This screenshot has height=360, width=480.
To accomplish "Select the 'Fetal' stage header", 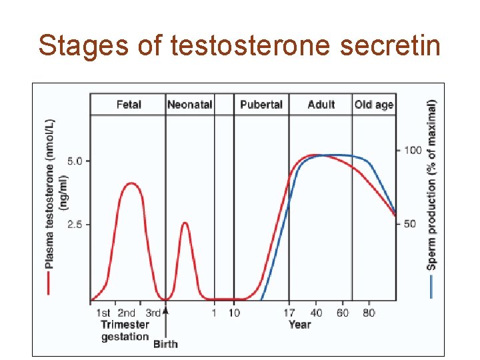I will click(x=129, y=105).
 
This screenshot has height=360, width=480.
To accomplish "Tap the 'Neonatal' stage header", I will click(x=189, y=105).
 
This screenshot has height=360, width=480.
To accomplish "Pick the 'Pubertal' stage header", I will click(x=261, y=105).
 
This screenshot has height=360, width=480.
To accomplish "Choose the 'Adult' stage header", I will click(x=321, y=105).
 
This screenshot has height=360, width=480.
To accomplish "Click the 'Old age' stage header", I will click(x=374, y=105).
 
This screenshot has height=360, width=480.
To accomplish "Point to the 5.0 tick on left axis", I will click(x=75, y=161).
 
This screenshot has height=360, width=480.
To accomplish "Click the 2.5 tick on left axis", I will click(x=75, y=225).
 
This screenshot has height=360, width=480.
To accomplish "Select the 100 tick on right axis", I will click(x=413, y=151).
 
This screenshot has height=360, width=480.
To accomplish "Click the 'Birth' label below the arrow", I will click(x=165, y=344).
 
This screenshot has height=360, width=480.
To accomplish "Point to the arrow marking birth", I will click(x=165, y=313).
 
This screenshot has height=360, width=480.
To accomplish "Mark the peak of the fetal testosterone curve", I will click(x=131, y=183).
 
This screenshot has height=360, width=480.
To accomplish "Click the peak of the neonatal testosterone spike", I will click(x=185, y=223).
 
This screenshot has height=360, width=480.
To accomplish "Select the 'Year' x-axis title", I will click(x=299, y=325).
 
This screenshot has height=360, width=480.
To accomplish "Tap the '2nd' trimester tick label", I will click(x=126, y=313).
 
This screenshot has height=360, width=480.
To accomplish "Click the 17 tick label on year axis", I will click(x=288, y=313).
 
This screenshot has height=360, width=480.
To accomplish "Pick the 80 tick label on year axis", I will click(x=369, y=313).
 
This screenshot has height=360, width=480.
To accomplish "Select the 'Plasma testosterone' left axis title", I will click(x=50, y=193).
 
